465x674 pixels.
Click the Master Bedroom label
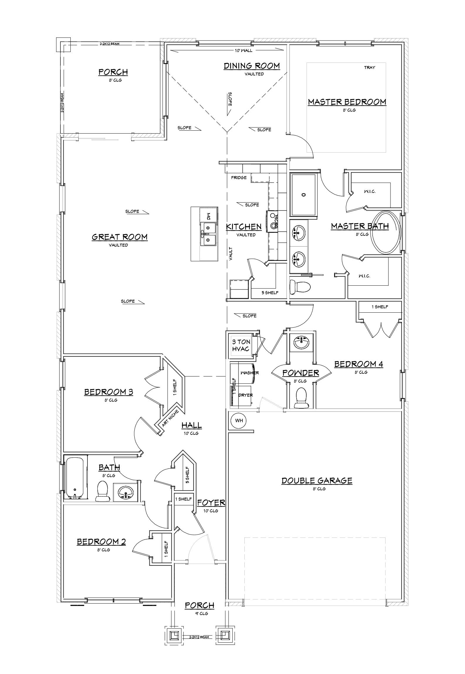point(347,102)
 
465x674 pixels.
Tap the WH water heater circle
point(239,421)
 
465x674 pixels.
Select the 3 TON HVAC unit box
point(241,345)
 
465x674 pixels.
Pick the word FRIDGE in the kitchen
point(239,178)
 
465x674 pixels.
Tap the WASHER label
point(250,373)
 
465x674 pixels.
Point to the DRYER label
point(246,395)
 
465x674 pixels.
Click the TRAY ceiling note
point(369,68)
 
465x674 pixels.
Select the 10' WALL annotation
point(243,50)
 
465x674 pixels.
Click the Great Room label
point(120,237)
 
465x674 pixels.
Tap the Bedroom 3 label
point(109,392)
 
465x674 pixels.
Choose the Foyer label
point(211,503)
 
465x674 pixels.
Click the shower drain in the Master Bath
point(304,195)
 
